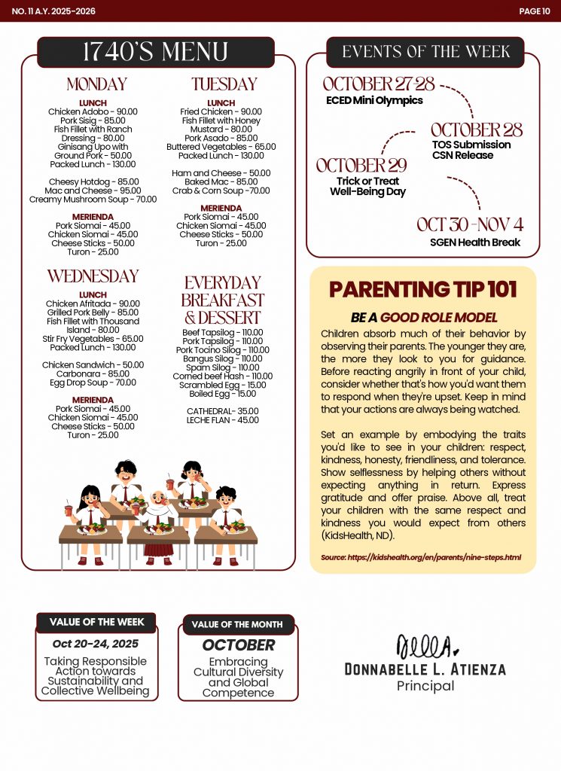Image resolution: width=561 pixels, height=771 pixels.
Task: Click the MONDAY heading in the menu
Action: pyautogui.click(x=96, y=84)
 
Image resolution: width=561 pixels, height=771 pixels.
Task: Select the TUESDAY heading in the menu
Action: pyautogui.click(x=224, y=84)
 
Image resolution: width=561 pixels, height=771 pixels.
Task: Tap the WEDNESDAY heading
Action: pyautogui.click(x=93, y=276)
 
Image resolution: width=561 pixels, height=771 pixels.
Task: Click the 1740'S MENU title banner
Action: pyautogui.click(x=155, y=52)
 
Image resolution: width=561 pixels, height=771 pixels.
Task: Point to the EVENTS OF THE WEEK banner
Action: pyautogui.click(x=425, y=52)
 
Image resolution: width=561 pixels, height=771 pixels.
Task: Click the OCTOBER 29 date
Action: pyautogui.click(x=361, y=165)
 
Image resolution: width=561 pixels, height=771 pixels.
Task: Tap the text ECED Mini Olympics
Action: pyautogui.click(x=374, y=100)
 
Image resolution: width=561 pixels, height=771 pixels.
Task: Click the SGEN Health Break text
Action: pyautogui.click(x=474, y=242)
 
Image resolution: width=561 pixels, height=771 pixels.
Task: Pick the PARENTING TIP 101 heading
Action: pyautogui.click(x=422, y=290)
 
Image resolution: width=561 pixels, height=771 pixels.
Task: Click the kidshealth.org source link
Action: pyautogui.click(x=421, y=557)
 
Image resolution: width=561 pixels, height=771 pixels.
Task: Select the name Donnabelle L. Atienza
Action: pyautogui.click(x=425, y=669)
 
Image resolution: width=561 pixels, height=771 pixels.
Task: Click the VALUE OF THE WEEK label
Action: pyautogui.click(x=96, y=623)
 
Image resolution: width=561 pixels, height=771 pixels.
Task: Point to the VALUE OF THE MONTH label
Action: pyautogui.click(x=237, y=624)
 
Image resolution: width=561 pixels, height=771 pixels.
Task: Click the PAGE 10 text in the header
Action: pyautogui.click(x=535, y=11)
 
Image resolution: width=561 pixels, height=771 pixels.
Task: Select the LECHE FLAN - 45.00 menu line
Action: pyautogui.click(x=223, y=420)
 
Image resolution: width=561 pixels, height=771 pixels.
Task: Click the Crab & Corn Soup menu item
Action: pyautogui.click(x=221, y=191)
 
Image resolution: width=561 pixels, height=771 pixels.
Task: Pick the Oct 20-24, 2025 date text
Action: pyautogui.click(x=96, y=644)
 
